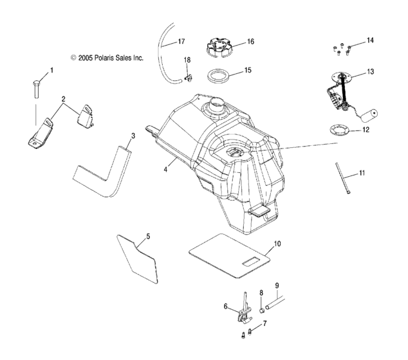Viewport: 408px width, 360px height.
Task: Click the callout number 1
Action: coord(52,69)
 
